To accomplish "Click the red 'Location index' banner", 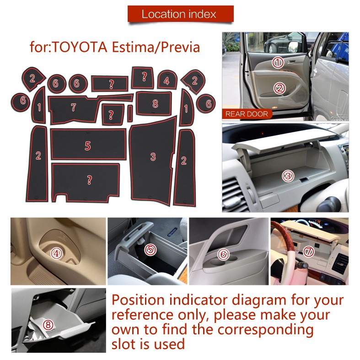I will click(x=180, y=14).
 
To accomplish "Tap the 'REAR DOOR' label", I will click(x=247, y=113).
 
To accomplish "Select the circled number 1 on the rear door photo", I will click(x=278, y=62).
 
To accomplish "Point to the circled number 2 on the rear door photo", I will click(x=279, y=88).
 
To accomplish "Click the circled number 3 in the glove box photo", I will click(x=288, y=175).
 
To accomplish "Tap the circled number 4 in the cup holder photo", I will click(x=56, y=253).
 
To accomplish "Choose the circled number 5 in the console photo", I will click(x=150, y=250).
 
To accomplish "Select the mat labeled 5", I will click(x=88, y=145).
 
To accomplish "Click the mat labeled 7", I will click(x=73, y=108).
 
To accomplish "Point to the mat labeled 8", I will click(x=155, y=104).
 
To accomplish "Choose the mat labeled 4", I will click(x=167, y=81).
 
